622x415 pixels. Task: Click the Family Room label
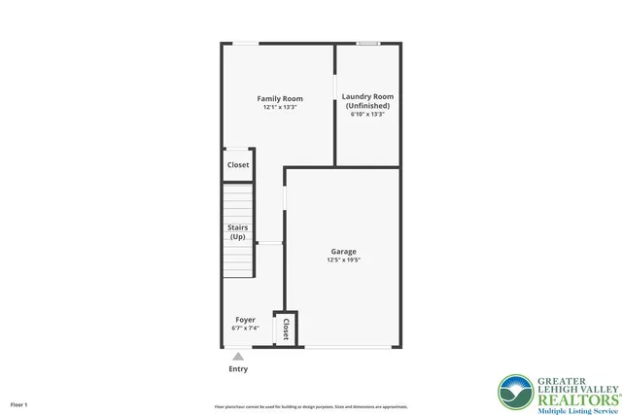(x=280, y=98)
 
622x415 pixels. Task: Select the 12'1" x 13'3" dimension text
(x=280, y=108)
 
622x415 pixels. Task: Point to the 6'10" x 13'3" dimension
(x=368, y=115)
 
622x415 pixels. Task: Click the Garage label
(x=343, y=251)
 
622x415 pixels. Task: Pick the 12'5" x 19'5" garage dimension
(x=343, y=260)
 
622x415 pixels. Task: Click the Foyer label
(x=245, y=319)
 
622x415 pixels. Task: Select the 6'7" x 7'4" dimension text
(x=245, y=329)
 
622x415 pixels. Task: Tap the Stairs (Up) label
(x=238, y=231)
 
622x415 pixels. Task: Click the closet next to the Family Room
(x=238, y=165)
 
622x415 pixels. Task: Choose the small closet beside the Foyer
(x=286, y=329)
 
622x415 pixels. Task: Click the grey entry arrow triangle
(x=238, y=357)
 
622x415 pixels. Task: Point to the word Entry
(x=238, y=369)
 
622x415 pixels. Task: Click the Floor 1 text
(x=19, y=404)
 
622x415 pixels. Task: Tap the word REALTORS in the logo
(x=574, y=398)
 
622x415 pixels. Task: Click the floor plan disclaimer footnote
(x=311, y=406)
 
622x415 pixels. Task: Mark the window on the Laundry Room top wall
(x=367, y=43)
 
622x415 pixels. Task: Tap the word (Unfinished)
(x=367, y=105)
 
